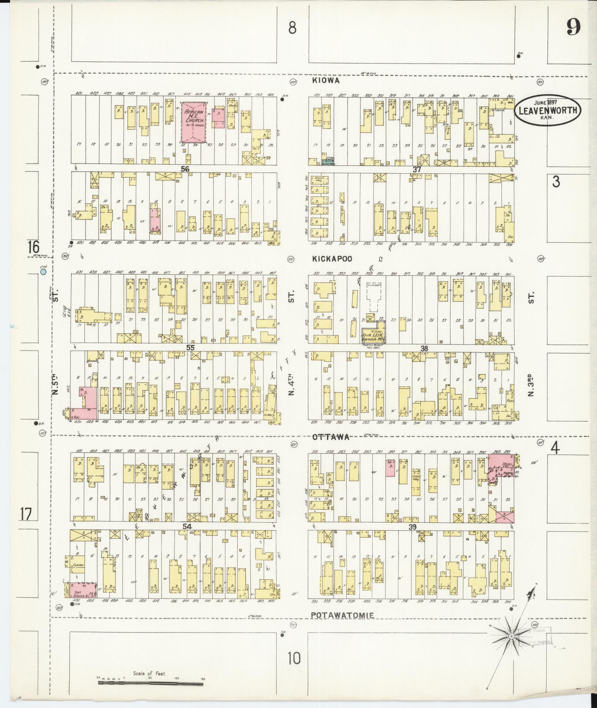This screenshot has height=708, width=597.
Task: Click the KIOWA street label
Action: pyautogui.click(x=326, y=80)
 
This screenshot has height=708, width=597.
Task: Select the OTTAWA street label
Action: pyautogui.click(x=331, y=437)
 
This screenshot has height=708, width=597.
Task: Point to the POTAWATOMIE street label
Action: pyautogui.click(x=342, y=615)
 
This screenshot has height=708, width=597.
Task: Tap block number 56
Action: pyautogui.click(x=185, y=169)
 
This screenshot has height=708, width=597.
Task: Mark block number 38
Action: pyautogui.click(x=424, y=348)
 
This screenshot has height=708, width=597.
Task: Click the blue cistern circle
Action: pyautogui.click(x=43, y=272)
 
